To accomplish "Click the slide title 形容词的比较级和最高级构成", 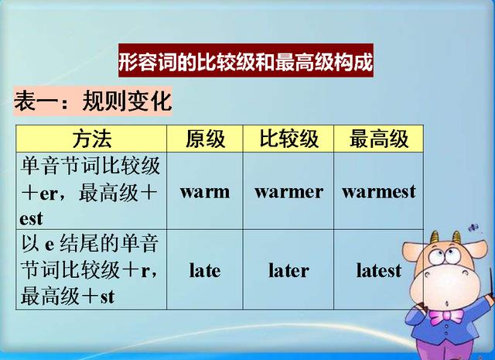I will point(245,61).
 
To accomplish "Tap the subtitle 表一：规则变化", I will point(92,101).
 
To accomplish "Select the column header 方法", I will point(92,139).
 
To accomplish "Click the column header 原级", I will point(205,139).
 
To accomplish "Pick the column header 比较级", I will point(288,139).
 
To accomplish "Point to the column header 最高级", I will point(378,139).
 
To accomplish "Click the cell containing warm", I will point(205,191).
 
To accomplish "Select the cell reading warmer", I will point(288,191).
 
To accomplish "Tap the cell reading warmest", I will point(378,191).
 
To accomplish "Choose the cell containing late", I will point(205,270).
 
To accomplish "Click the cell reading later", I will point(288,270).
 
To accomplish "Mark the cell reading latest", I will point(378,270).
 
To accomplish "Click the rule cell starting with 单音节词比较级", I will point(91,190).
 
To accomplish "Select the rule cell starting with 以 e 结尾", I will point(91,269).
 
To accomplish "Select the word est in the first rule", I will point(31,218).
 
